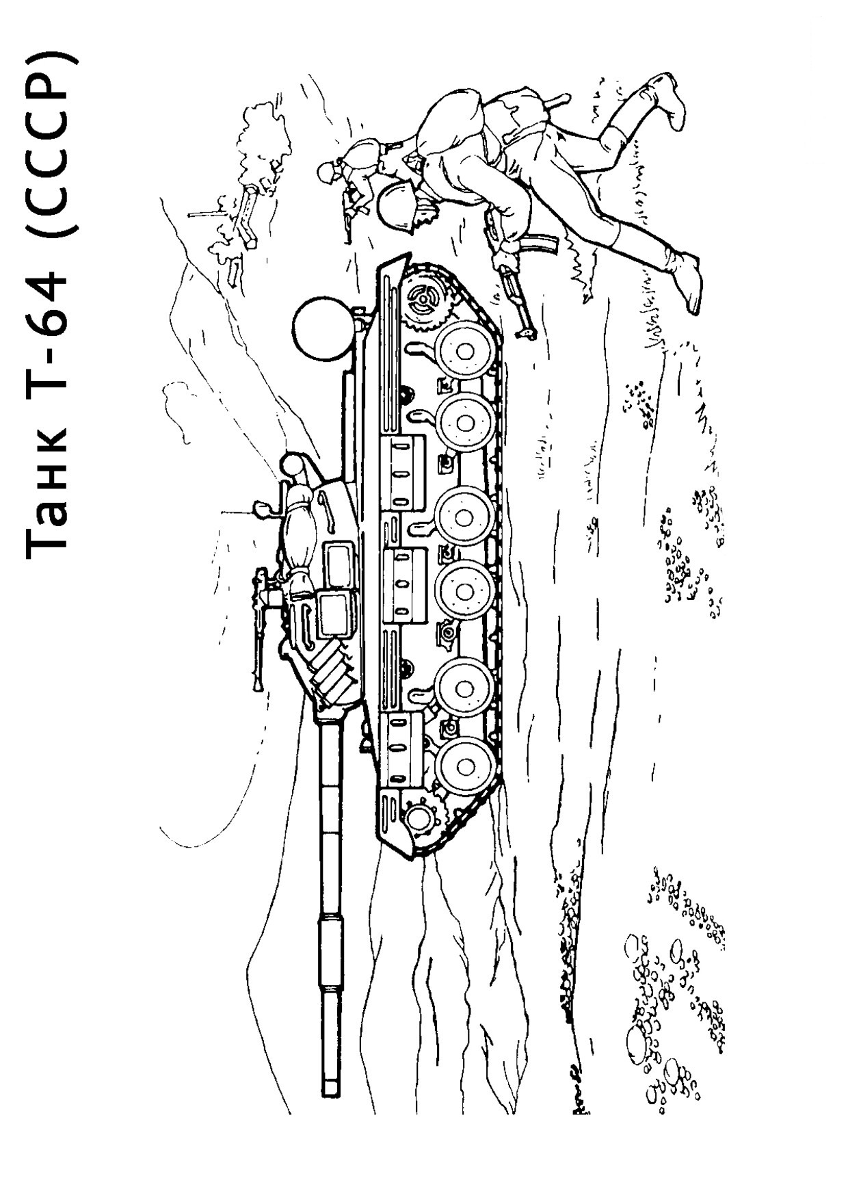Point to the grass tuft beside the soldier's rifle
[581, 274]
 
